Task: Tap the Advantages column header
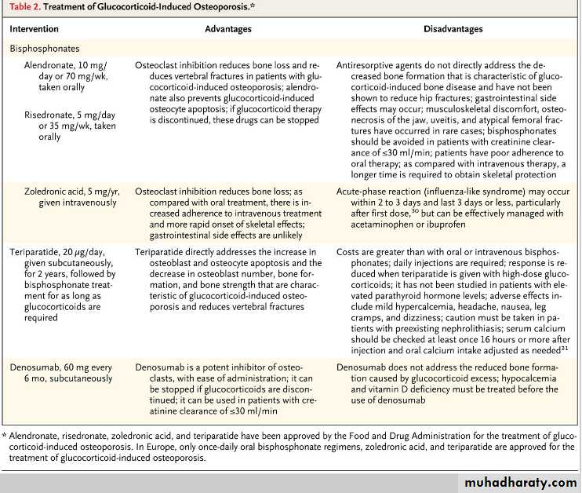pos(227,29)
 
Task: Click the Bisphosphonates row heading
pos(45,48)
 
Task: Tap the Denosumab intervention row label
pos(36,367)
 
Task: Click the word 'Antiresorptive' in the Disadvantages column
pos(369,65)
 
